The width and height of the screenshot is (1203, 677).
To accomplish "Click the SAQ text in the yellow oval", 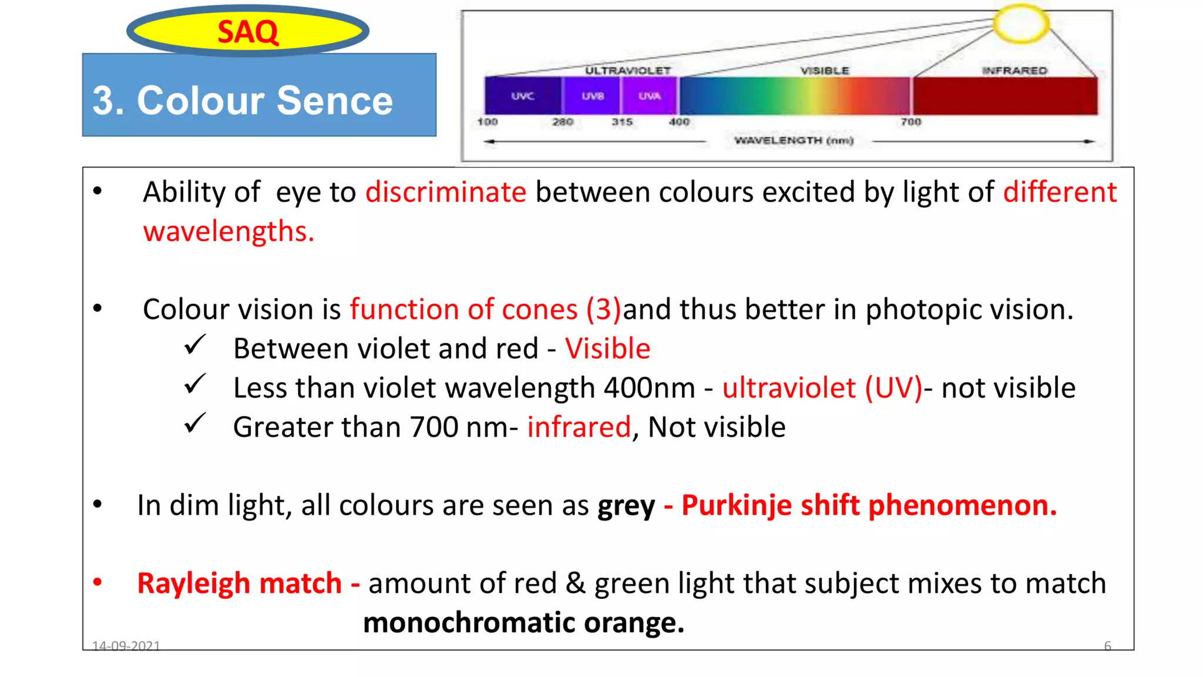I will pyautogui.click(x=247, y=32).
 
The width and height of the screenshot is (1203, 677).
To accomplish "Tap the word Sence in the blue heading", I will pyautogui.click(x=334, y=100).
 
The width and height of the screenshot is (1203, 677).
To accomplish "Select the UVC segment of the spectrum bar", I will pyautogui.click(x=522, y=96).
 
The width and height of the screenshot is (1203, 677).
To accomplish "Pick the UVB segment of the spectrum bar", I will pyautogui.click(x=592, y=96).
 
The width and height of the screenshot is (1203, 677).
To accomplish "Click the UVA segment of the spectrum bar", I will pyautogui.click(x=649, y=96).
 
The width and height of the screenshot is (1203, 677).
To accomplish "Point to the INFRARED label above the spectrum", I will pyautogui.click(x=1014, y=71).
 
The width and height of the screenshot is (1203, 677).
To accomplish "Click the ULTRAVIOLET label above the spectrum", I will pyautogui.click(x=627, y=71).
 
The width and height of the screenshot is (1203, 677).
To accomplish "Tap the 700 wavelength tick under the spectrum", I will pyautogui.click(x=910, y=122).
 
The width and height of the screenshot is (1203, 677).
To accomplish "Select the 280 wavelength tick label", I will pyautogui.click(x=562, y=122).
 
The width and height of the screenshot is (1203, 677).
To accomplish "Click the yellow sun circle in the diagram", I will pyautogui.click(x=1021, y=24).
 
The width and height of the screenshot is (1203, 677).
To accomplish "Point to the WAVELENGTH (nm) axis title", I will pyautogui.click(x=794, y=140).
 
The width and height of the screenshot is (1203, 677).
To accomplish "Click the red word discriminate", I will pyautogui.click(x=446, y=192).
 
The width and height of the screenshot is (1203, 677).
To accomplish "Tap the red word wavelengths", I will pyautogui.click(x=228, y=231).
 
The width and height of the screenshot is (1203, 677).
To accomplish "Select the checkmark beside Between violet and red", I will pyautogui.click(x=194, y=345).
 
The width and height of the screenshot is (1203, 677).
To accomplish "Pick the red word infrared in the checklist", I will pyautogui.click(x=579, y=427).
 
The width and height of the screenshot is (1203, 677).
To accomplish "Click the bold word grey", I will pyautogui.click(x=626, y=505).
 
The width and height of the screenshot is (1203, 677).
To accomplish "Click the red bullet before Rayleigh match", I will pyautogui.click(x=98, y=582).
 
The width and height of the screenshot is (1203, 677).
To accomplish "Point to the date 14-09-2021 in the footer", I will pyautogui.click(x=126, y=646).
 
